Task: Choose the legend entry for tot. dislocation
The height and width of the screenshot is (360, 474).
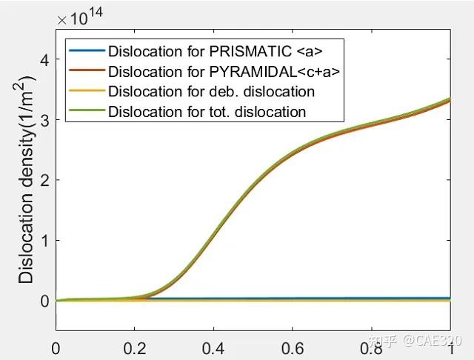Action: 207,112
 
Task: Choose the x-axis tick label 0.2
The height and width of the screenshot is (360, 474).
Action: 134,347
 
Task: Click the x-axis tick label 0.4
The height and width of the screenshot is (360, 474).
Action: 213,347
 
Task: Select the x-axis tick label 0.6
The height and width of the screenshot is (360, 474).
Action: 293,347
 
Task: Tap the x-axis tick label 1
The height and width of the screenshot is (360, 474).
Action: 450,347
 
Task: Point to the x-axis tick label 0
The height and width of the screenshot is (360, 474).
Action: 56,347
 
